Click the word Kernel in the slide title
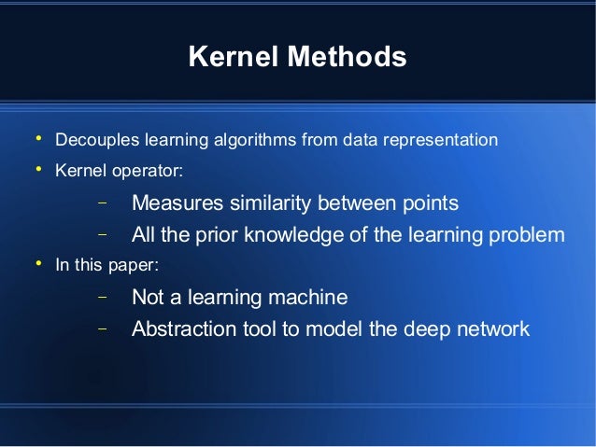point(229,58)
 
